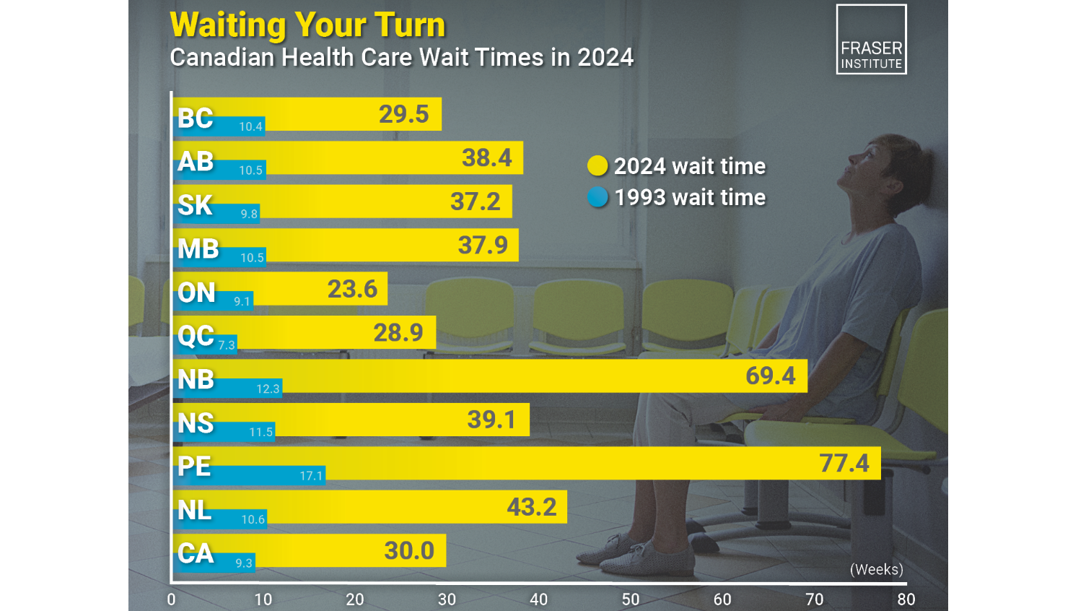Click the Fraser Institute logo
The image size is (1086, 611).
pyautogui.click(x=871, y=40)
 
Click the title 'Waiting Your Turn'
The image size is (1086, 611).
pyautogui.click(x=307, y=25)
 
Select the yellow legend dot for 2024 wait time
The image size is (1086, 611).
pyautogui.click(x=597, y=166)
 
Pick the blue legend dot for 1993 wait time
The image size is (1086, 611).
pyautogui.click(x=597, y=197)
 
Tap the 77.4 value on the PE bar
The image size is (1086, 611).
pyautogui.click(x=844, y=463)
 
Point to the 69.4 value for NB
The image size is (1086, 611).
pyautogui.click(x=770, y=376)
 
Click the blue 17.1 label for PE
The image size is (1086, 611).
pyautogui.click(x=311, y=476)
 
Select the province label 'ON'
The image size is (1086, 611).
pyautogui.click(x=196, y=292)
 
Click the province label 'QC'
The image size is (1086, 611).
pyautogui.click(x=196, y=336)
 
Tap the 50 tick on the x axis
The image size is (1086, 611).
pyautogui.click(x=630, y=599)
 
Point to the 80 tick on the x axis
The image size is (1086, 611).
pyautogui.click(x=906, y=599)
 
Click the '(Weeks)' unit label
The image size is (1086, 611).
pyautogui.click(x=876, y=569)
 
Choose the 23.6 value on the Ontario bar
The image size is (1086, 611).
pyautogui.click(x=352, y=289)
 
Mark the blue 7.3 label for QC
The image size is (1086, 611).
pyautogui.click(x=227, y=345)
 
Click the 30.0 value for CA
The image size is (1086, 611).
pyautogui.click(x=409, y=550)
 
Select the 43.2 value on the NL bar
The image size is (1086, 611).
pyautogui.click(x=531, y=507)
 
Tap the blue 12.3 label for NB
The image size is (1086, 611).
pyautogui.click(x=268, y=389)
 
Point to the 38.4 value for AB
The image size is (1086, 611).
pyautogui.click(x=486, y=157)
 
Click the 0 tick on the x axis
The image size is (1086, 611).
pyautogui.click(x=171, y=599)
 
